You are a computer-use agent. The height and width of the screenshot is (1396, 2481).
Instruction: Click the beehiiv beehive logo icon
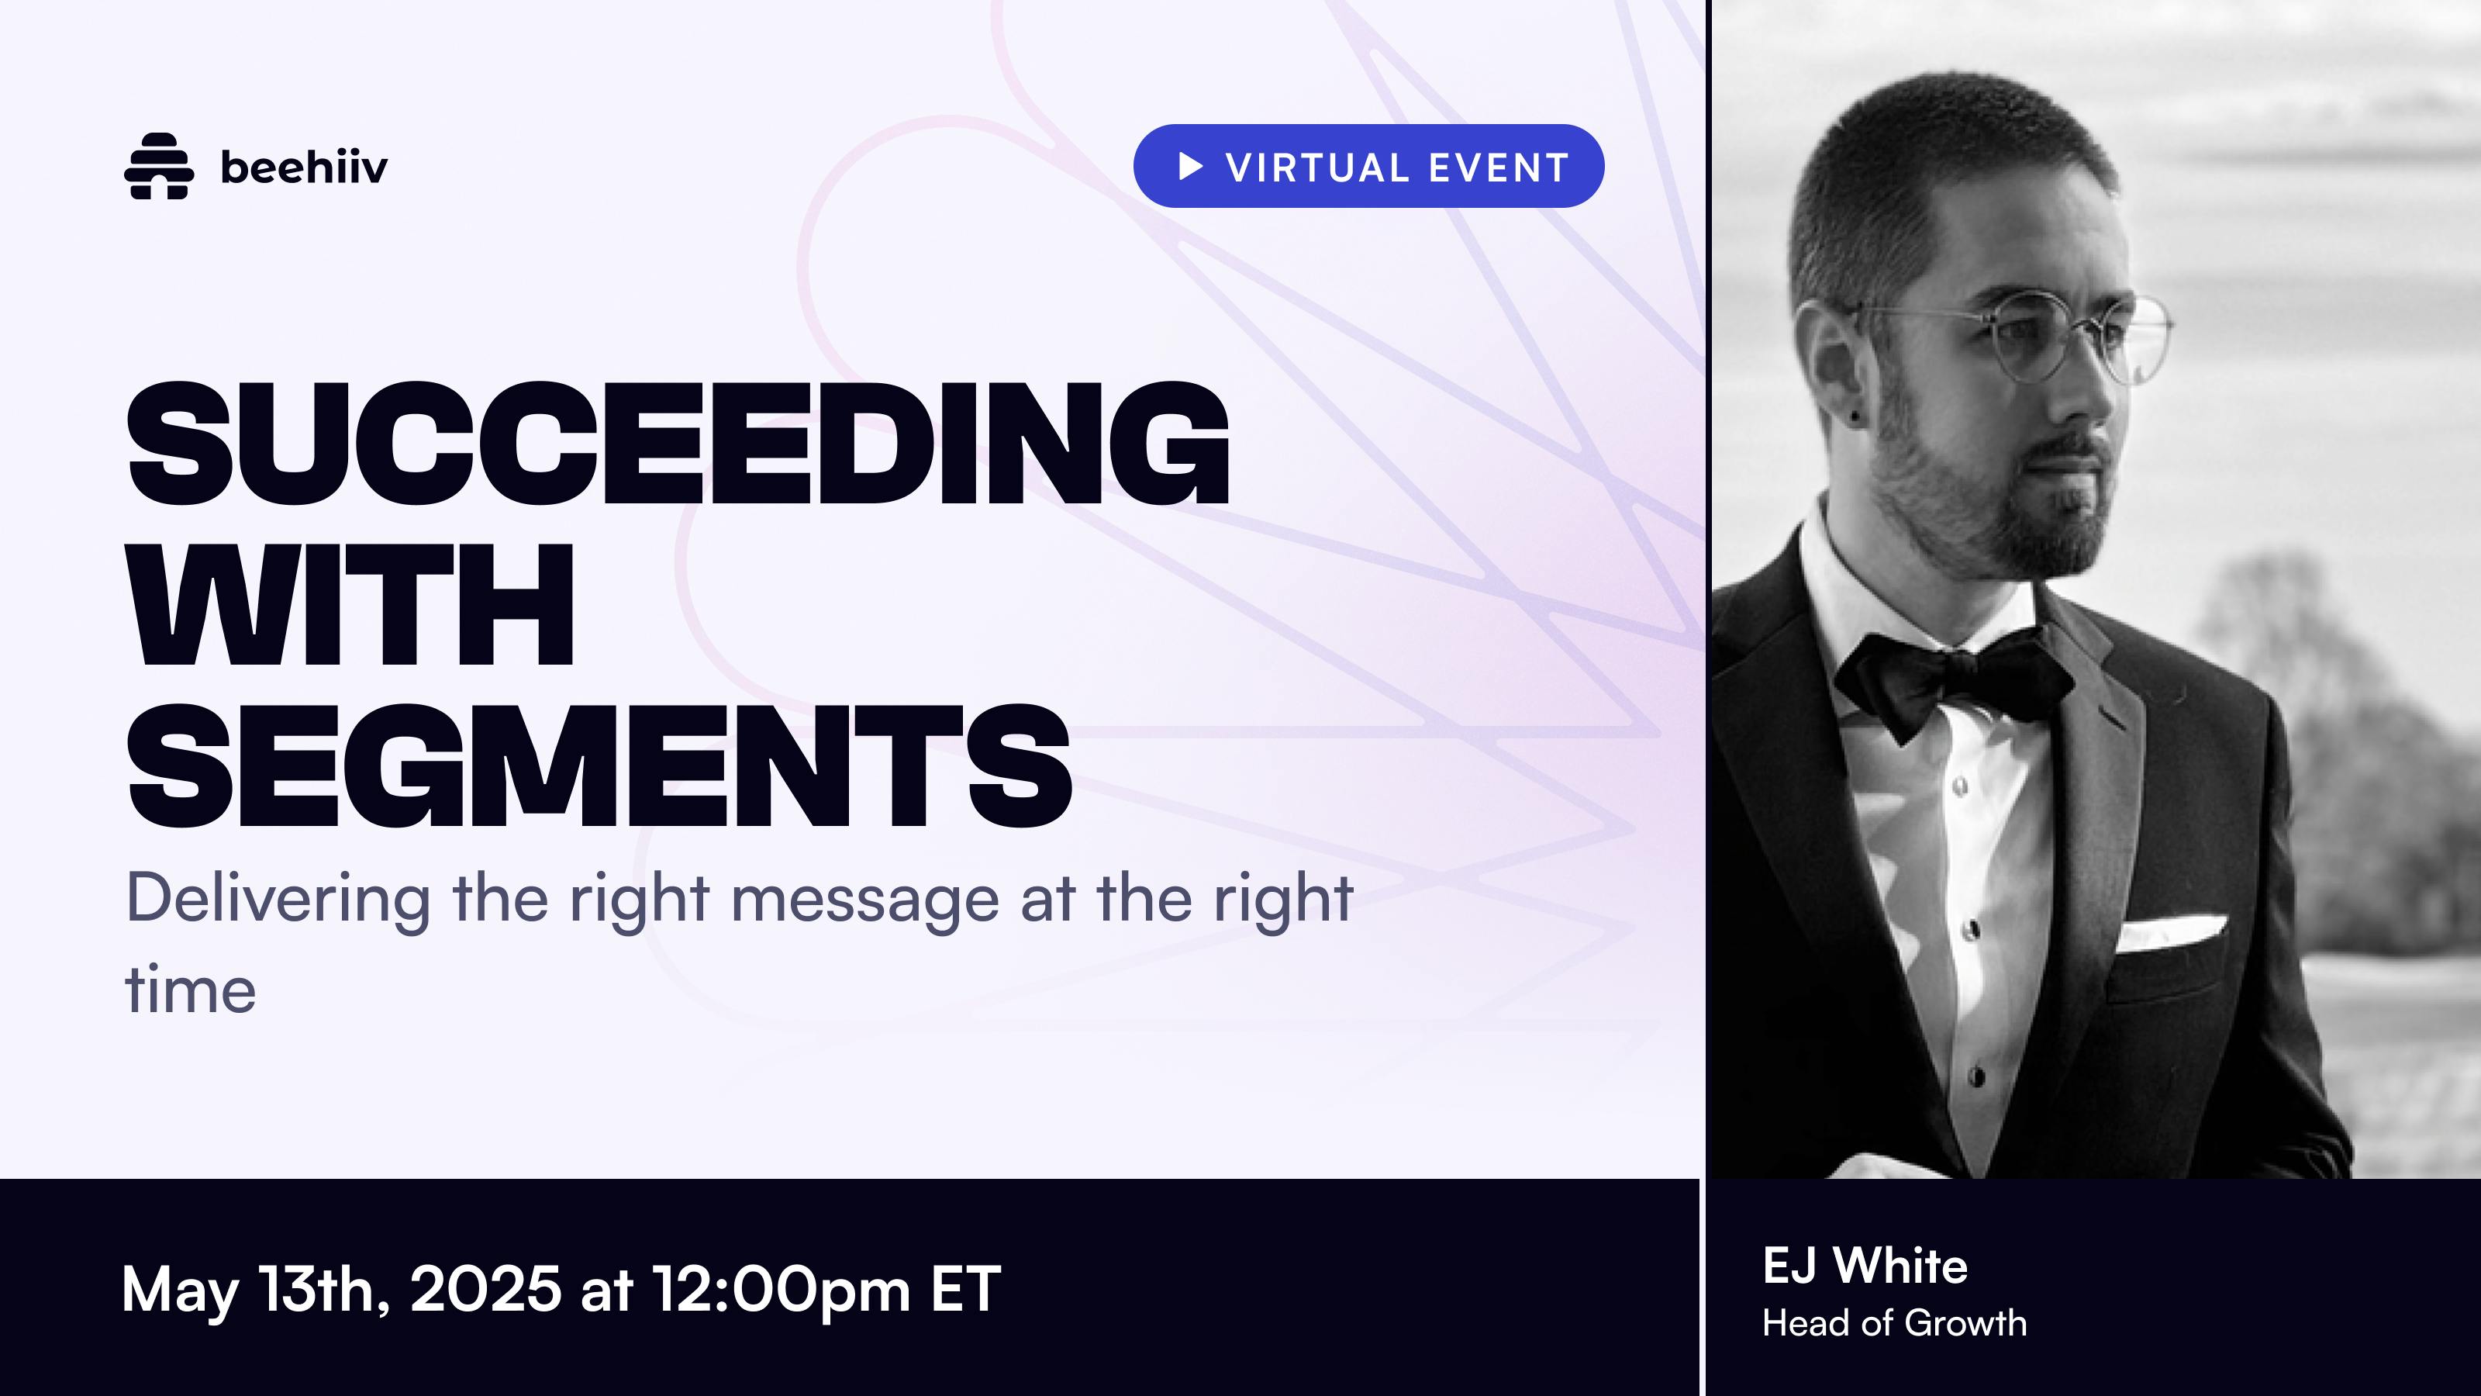159,166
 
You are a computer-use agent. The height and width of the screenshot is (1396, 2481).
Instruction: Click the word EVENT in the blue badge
1499,168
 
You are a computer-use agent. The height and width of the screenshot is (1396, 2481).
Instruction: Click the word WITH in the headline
351,605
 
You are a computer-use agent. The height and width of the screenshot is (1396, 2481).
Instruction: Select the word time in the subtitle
191,990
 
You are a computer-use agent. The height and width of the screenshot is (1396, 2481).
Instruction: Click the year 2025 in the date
485,1288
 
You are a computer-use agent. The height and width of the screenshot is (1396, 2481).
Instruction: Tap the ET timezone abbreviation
966,1288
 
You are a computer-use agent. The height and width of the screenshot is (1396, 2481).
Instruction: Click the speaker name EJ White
1865,1265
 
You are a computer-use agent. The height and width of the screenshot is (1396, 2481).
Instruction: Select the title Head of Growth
1894,1323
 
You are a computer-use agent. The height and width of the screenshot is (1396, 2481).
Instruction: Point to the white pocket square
2170,931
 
